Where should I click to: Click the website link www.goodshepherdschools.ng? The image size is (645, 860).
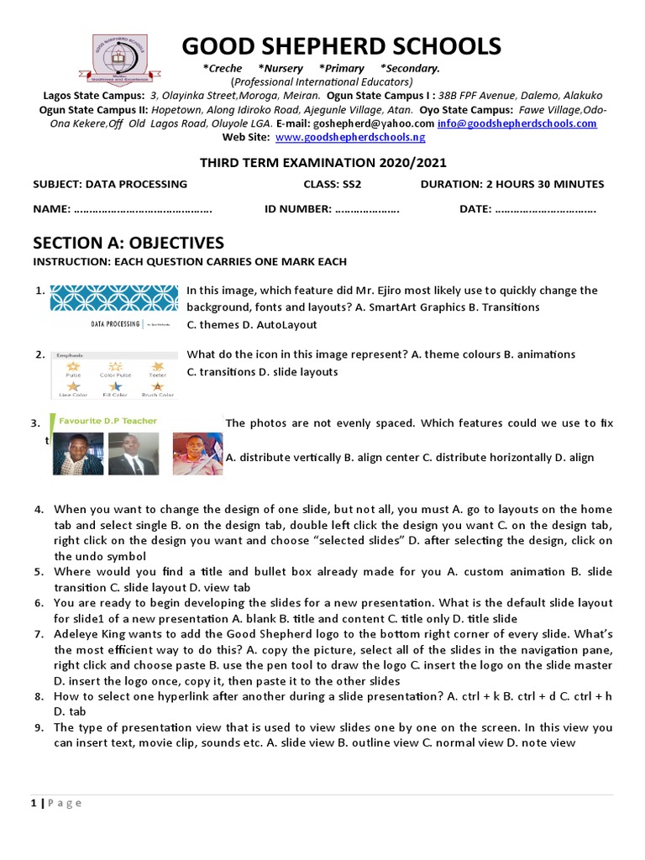(350, 137)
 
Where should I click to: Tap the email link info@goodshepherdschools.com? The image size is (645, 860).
(517, 123)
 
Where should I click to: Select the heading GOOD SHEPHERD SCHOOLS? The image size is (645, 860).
(342, 45)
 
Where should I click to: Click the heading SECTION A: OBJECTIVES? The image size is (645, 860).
(128, 244)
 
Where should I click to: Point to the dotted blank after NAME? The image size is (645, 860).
(143, 209)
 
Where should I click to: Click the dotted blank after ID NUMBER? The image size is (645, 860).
(367, 209)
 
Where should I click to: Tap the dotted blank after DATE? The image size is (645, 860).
(546, 209)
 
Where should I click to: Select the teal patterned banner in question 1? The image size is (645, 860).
(114, 298)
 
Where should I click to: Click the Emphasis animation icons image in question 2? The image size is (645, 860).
(114, 374)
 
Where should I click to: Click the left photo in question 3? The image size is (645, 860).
(78, 454)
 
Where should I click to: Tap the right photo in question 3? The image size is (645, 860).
(198, 454)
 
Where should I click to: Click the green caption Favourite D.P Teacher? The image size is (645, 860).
(108, 421)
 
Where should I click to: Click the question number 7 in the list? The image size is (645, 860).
(39, 634)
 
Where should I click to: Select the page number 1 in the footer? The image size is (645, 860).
(34, 803)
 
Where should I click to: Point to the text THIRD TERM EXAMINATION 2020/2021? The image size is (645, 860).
(322, 163)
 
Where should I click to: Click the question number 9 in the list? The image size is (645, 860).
(39, 728)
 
